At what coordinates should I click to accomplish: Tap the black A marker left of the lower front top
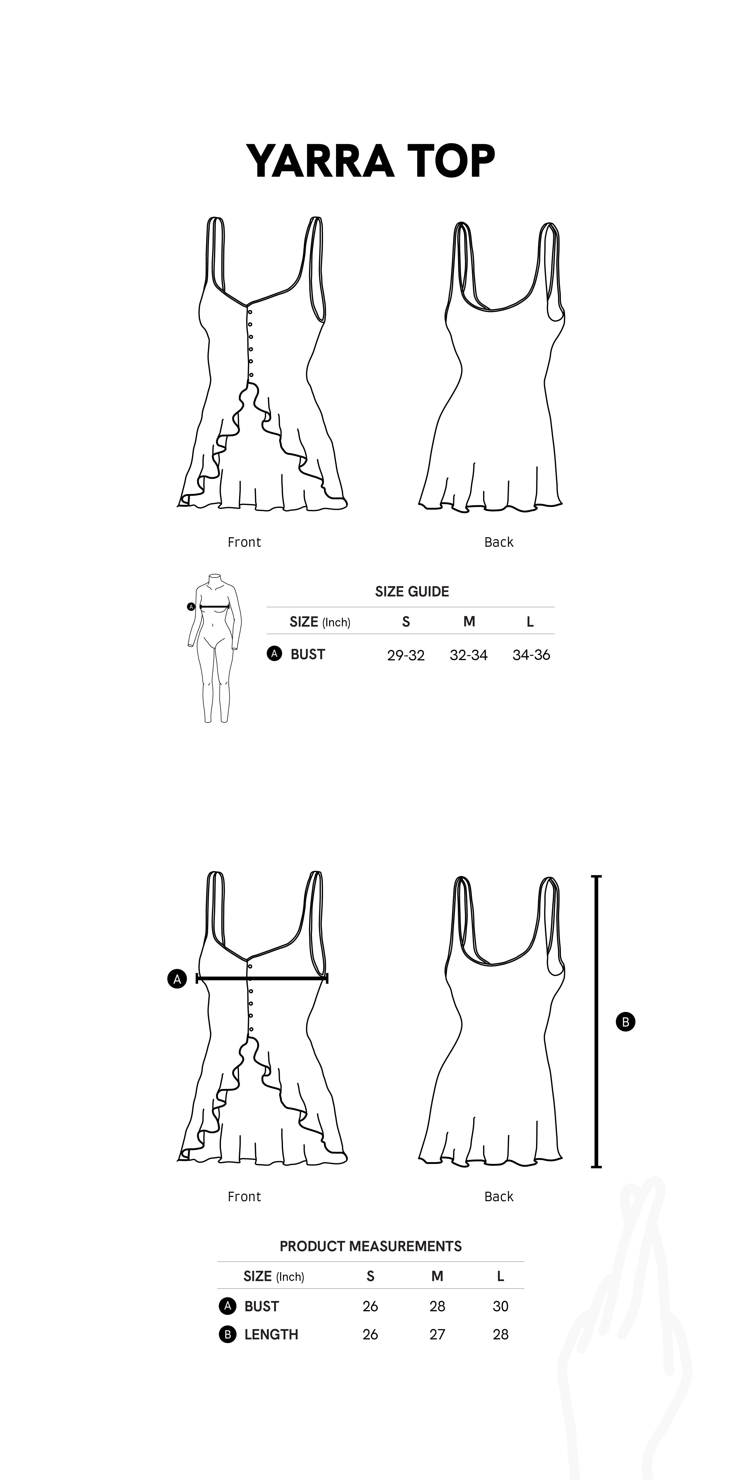pos(177,979)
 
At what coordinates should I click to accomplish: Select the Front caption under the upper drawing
pos(244,542)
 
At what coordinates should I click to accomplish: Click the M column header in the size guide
pos(469,622)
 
